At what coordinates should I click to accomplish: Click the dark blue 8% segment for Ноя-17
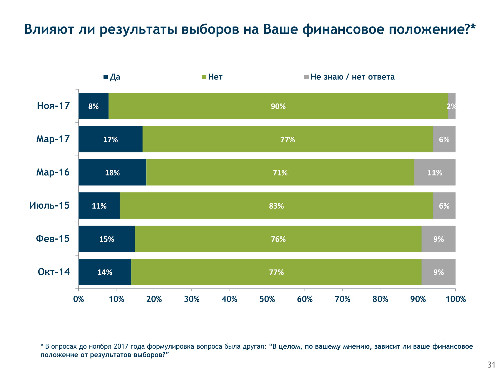pyautogui.click(x=93, y=106)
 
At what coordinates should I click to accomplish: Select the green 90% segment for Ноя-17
pyautogui.click(x=278, y=106)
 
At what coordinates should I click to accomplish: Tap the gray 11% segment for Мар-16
pyautogui.click(x=435, y=172)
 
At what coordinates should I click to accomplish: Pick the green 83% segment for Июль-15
pyautogui.click(x=276, y=206)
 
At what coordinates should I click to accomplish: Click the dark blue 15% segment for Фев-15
pyautogui.click(x=107, y=239)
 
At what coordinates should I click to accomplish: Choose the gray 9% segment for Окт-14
pyautogui.click(x=438, y=272)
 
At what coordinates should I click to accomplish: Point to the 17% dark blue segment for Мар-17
pyautogui.click(x=110, y=139)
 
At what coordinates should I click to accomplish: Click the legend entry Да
pyautogui.click(x=112, y=77)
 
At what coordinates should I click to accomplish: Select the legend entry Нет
pyautogui.click(x=212, y=77)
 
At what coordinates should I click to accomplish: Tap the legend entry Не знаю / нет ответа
pyautogui.click(x=349, y=77)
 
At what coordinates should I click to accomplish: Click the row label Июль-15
pyautogui.click(x=49, y=206)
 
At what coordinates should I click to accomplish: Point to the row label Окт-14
pyautogui.click(x=54, y=272)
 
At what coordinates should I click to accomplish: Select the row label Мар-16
pyautogui.click(x=53, y=172)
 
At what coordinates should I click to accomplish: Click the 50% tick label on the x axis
pyautogui.click(x=267, y=299)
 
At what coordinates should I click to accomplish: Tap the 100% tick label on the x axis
pyautogui.click(x=456, y=299)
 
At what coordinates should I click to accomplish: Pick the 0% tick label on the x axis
pyautogui.click(x=78, y=299)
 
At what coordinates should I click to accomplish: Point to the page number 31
pyautogui.click(x=491, y=365)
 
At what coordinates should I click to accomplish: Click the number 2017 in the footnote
pyautogui.click(x=121, y=347)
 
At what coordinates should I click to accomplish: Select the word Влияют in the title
pyautogui.click(x=49, y=29)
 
